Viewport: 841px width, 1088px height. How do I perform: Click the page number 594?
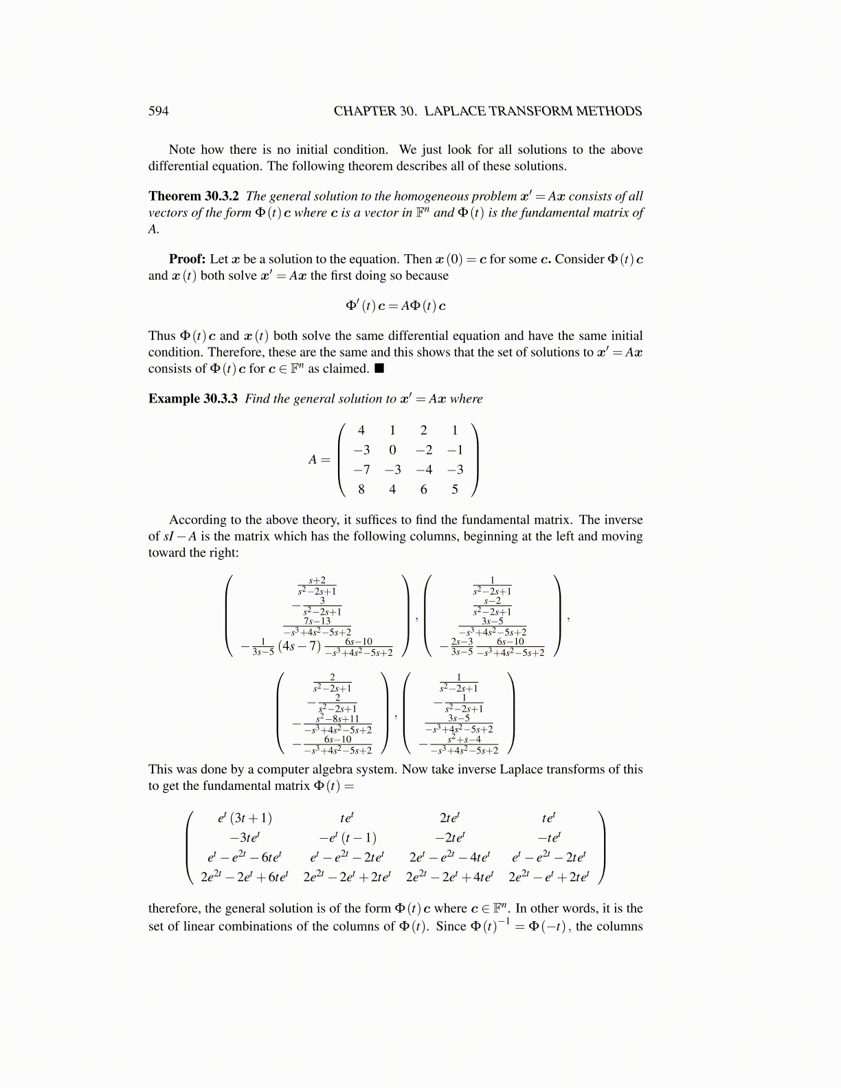coord(158,111)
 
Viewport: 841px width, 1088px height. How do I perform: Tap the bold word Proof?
coord(188,259)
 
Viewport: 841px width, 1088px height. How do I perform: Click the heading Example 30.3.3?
coord(193,399)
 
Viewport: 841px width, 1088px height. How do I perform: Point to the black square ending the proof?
coord(379,369)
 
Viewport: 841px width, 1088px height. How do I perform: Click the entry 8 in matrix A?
coord(361,490)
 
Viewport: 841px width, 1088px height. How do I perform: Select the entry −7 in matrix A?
coord(361,470)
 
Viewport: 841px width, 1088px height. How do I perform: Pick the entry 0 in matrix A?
coord(392,451)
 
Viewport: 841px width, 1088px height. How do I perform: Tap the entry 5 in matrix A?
coord(455,490)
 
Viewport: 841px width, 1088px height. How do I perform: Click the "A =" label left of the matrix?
coord(319,460)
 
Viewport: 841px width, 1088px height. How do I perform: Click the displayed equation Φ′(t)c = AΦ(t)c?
coord(396,306)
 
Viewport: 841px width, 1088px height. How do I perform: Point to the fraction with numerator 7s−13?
coord(317,626)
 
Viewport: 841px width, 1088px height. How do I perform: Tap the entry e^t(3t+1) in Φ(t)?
coord(245,818)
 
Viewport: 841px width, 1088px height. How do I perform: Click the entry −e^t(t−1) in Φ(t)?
coord(347,838)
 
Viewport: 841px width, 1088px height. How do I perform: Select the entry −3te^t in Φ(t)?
coord(245,838)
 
